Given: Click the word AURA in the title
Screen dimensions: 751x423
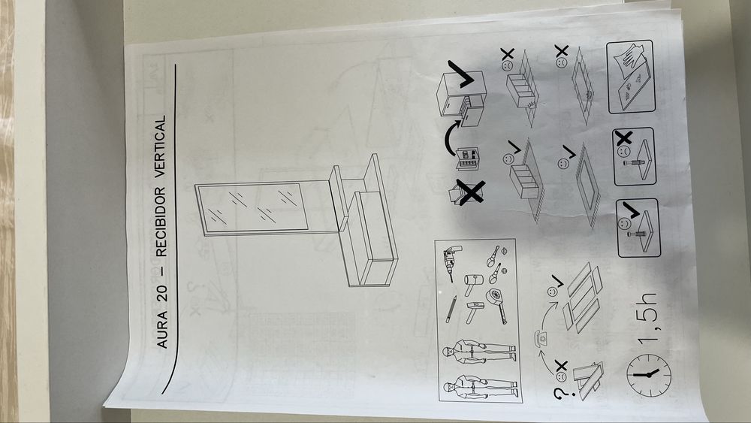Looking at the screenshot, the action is tap(162, 330).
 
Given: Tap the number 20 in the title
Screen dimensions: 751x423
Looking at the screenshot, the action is tap(162, 294).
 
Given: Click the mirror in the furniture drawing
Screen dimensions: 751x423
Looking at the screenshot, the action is tap(252, 209).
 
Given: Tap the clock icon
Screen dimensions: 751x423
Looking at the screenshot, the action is tap(649, 374).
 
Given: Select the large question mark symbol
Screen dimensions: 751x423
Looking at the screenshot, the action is tap(560, 394).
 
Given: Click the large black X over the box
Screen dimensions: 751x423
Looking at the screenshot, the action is tap(470, 192).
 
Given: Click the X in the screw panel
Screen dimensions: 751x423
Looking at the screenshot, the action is tap(624, 139).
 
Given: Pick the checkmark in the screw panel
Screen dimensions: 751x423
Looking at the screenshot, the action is tap(631, 210).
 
